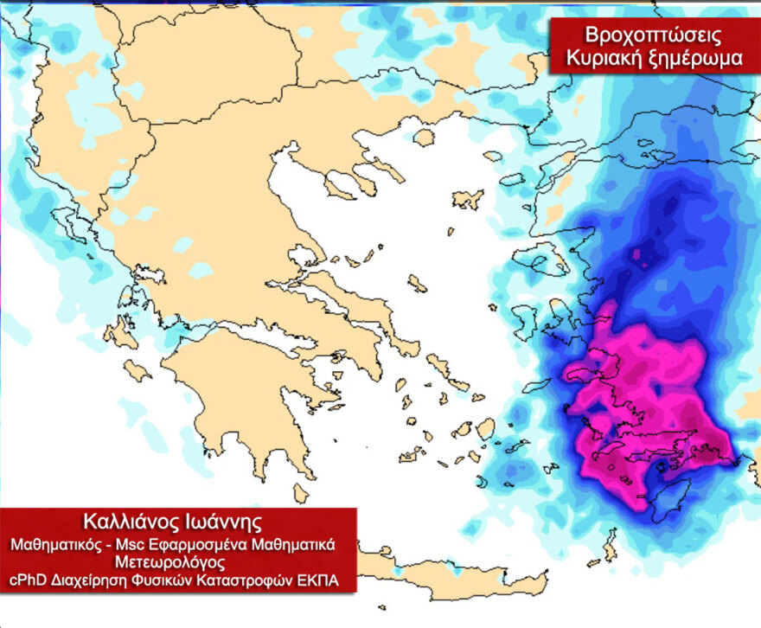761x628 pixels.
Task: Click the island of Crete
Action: tap(450, 572)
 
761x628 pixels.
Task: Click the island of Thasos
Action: tap(423, 138)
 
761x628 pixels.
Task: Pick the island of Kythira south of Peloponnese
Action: tap(300, 493)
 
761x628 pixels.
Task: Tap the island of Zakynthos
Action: tap(137, 371)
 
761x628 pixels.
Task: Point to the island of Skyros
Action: tap(417, 283)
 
